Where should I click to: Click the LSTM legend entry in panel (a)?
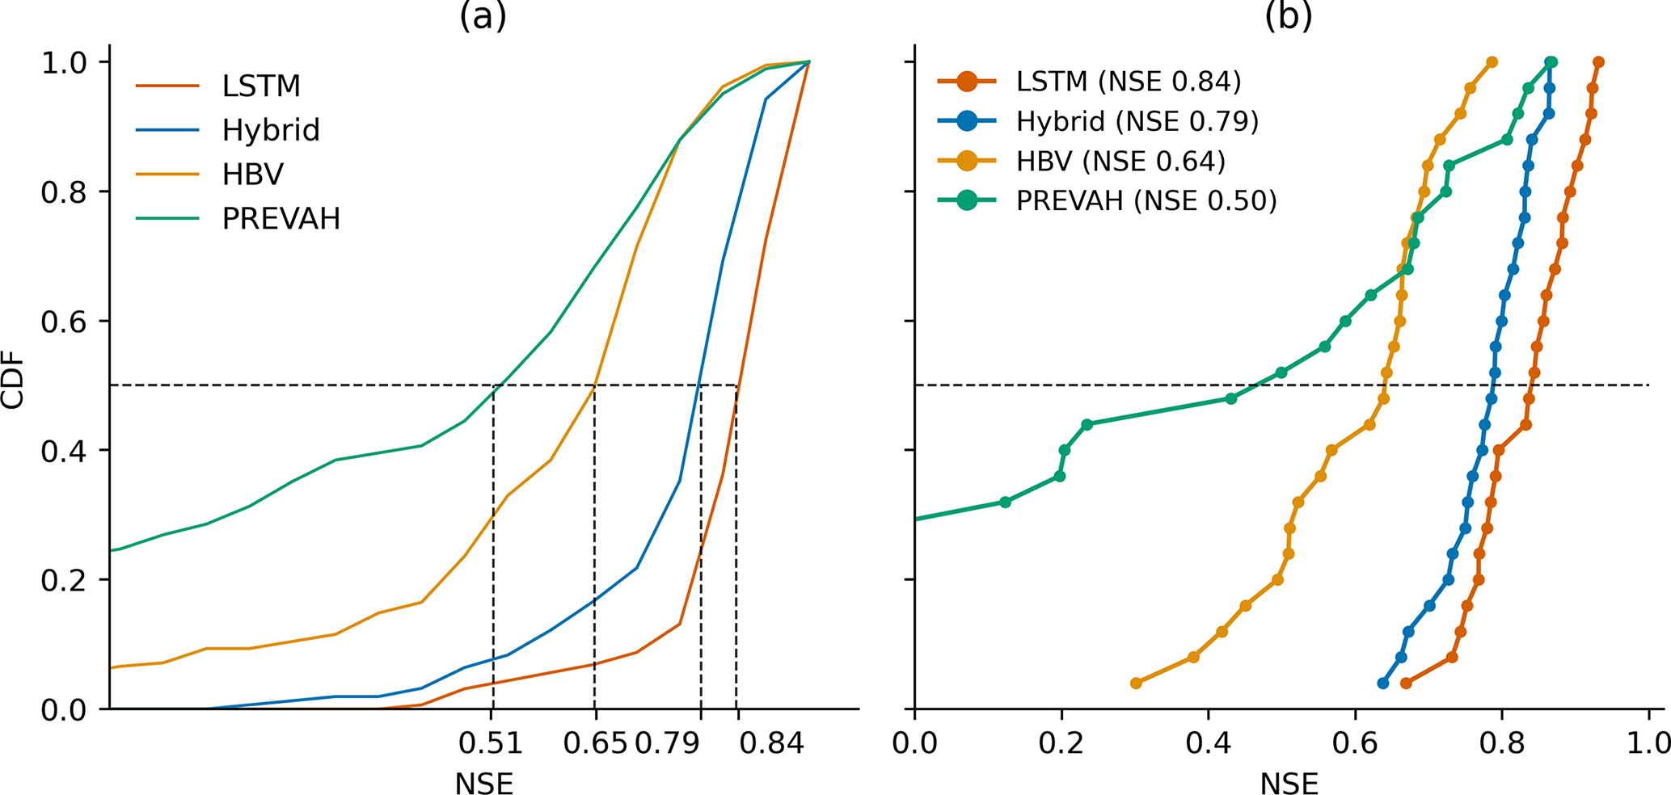(260, 86)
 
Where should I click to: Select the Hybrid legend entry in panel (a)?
(270, 130)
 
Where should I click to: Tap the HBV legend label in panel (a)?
(252, 175)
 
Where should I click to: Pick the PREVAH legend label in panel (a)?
(281, 219)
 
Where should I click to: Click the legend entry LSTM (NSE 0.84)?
(1128, 82)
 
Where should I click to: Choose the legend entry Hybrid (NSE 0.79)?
(1137, 121)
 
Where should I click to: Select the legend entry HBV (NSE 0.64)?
(1120, 161)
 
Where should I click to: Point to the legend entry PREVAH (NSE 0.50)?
(1146, 200)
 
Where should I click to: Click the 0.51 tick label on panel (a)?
(490, 743)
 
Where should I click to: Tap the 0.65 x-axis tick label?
(595, 743)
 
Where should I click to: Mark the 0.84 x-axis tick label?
(772, 743)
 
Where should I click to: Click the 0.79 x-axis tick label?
(668, 743)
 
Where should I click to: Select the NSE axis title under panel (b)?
(1289, 783)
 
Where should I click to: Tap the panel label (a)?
(483, 16)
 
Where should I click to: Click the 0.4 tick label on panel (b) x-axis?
(1209, 743)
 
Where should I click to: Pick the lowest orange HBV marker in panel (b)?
(1136, 684)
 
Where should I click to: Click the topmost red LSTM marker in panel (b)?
(1598, 62)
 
